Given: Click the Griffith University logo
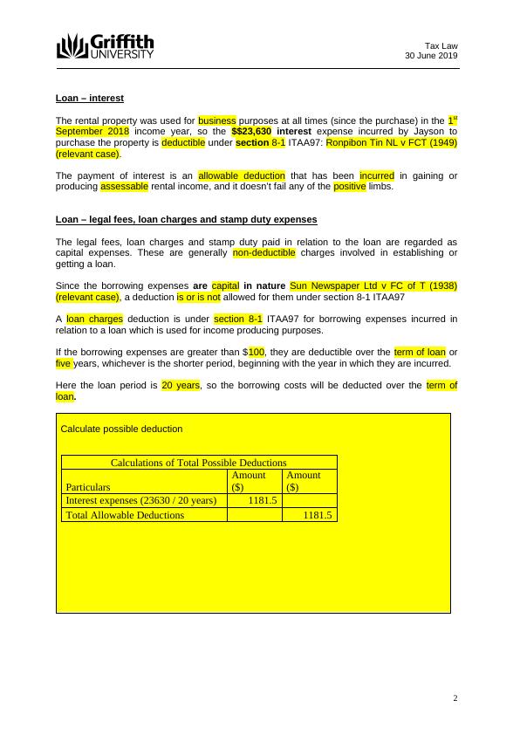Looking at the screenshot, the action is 105,46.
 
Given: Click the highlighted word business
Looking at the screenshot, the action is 217,120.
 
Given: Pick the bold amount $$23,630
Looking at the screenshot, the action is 250,131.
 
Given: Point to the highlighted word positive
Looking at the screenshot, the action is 350,187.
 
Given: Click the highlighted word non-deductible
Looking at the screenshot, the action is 264,253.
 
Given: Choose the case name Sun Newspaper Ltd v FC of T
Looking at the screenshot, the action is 374,285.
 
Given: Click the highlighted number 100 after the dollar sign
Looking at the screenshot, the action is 257,352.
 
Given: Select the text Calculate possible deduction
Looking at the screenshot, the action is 121,429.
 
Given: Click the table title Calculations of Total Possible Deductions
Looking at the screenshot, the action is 199,463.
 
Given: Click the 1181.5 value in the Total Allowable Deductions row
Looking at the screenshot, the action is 317,515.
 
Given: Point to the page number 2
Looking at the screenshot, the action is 455,697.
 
